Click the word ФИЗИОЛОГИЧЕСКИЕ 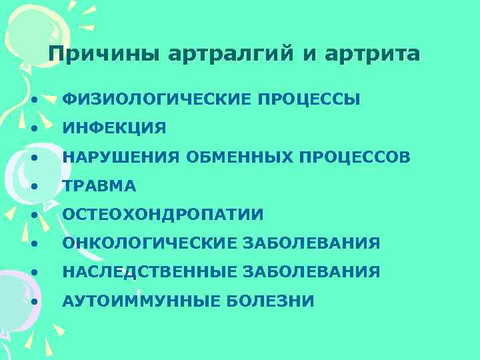point(157,100)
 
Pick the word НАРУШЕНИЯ point(121,157)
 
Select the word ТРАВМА point(99,186)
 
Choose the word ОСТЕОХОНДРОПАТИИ point(163,215)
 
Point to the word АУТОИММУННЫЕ point(140,301)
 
